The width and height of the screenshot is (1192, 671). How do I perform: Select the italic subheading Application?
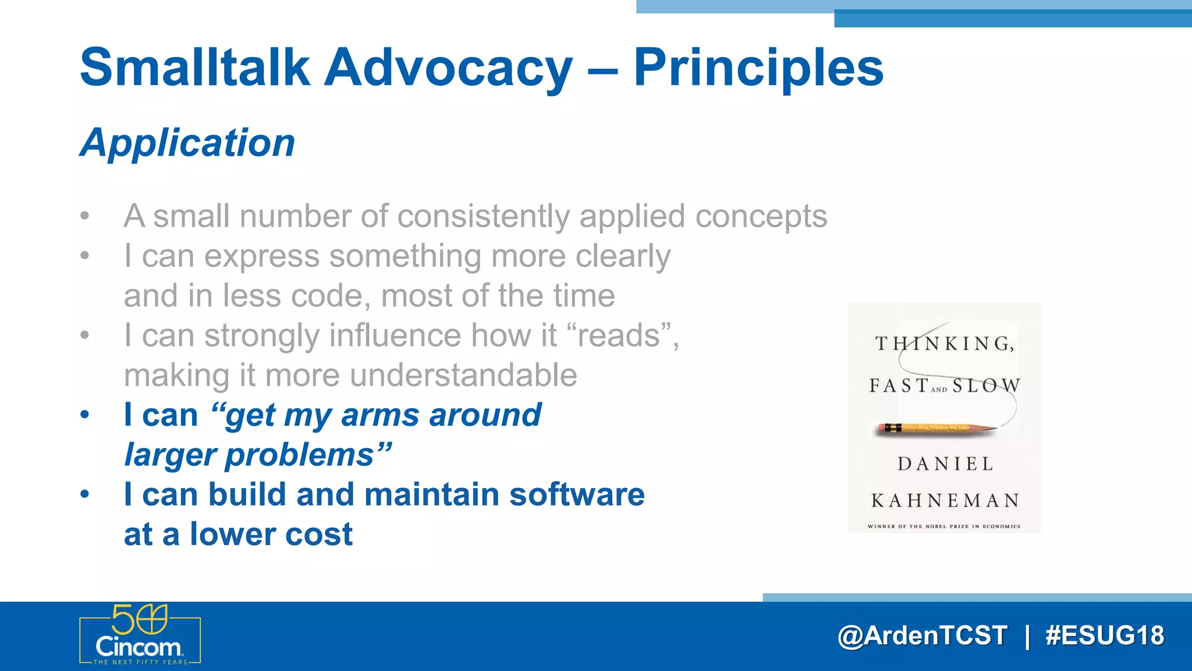(x=187, y=143)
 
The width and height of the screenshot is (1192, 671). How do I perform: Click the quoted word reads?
(x=619, y=335)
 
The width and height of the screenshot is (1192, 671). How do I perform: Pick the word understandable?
(x=463, y=375)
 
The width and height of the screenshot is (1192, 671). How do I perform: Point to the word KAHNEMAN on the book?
(x=945, y=500)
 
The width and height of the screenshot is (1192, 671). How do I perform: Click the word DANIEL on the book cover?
(x=945, y=464)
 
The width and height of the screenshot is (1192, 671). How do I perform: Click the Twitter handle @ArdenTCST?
(x=922, y=635)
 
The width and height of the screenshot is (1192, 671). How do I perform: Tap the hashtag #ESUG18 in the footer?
(x=1105, y=635)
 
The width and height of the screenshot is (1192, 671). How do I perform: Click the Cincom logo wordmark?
(x=139, y=647)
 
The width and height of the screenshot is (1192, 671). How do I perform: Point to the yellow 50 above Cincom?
(x=139, y=619)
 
